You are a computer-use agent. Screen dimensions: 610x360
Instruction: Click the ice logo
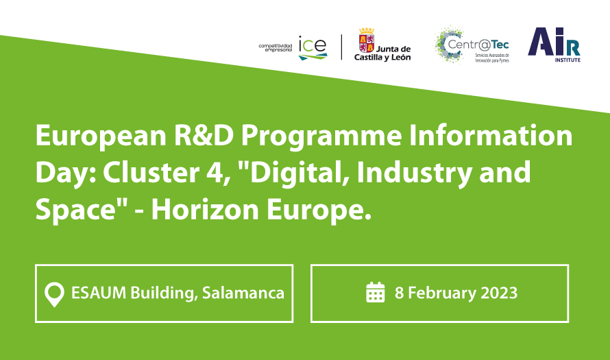(x=313, y=48)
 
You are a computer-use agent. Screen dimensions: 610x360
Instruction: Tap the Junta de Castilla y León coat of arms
(x=367, y=40)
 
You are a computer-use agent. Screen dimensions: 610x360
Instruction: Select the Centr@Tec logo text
(x=478, y=45)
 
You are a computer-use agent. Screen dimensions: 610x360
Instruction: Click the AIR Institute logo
(x=554, y=45)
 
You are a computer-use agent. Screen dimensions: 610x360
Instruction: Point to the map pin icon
(x=54, y=294)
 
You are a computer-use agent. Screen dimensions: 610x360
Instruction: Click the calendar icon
(x=376, y=292)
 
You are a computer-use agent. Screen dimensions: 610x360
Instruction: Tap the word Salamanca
(x=243, y=293)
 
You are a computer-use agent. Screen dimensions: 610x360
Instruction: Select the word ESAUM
(x=99, y=293)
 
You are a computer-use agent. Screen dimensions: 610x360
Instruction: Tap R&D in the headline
(x=204, y=136)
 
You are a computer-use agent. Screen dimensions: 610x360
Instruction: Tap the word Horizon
(x=205, y=210)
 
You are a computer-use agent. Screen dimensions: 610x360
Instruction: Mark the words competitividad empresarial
(x=276, y=48)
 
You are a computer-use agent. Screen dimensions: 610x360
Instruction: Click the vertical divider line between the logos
(x=341, y=47)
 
